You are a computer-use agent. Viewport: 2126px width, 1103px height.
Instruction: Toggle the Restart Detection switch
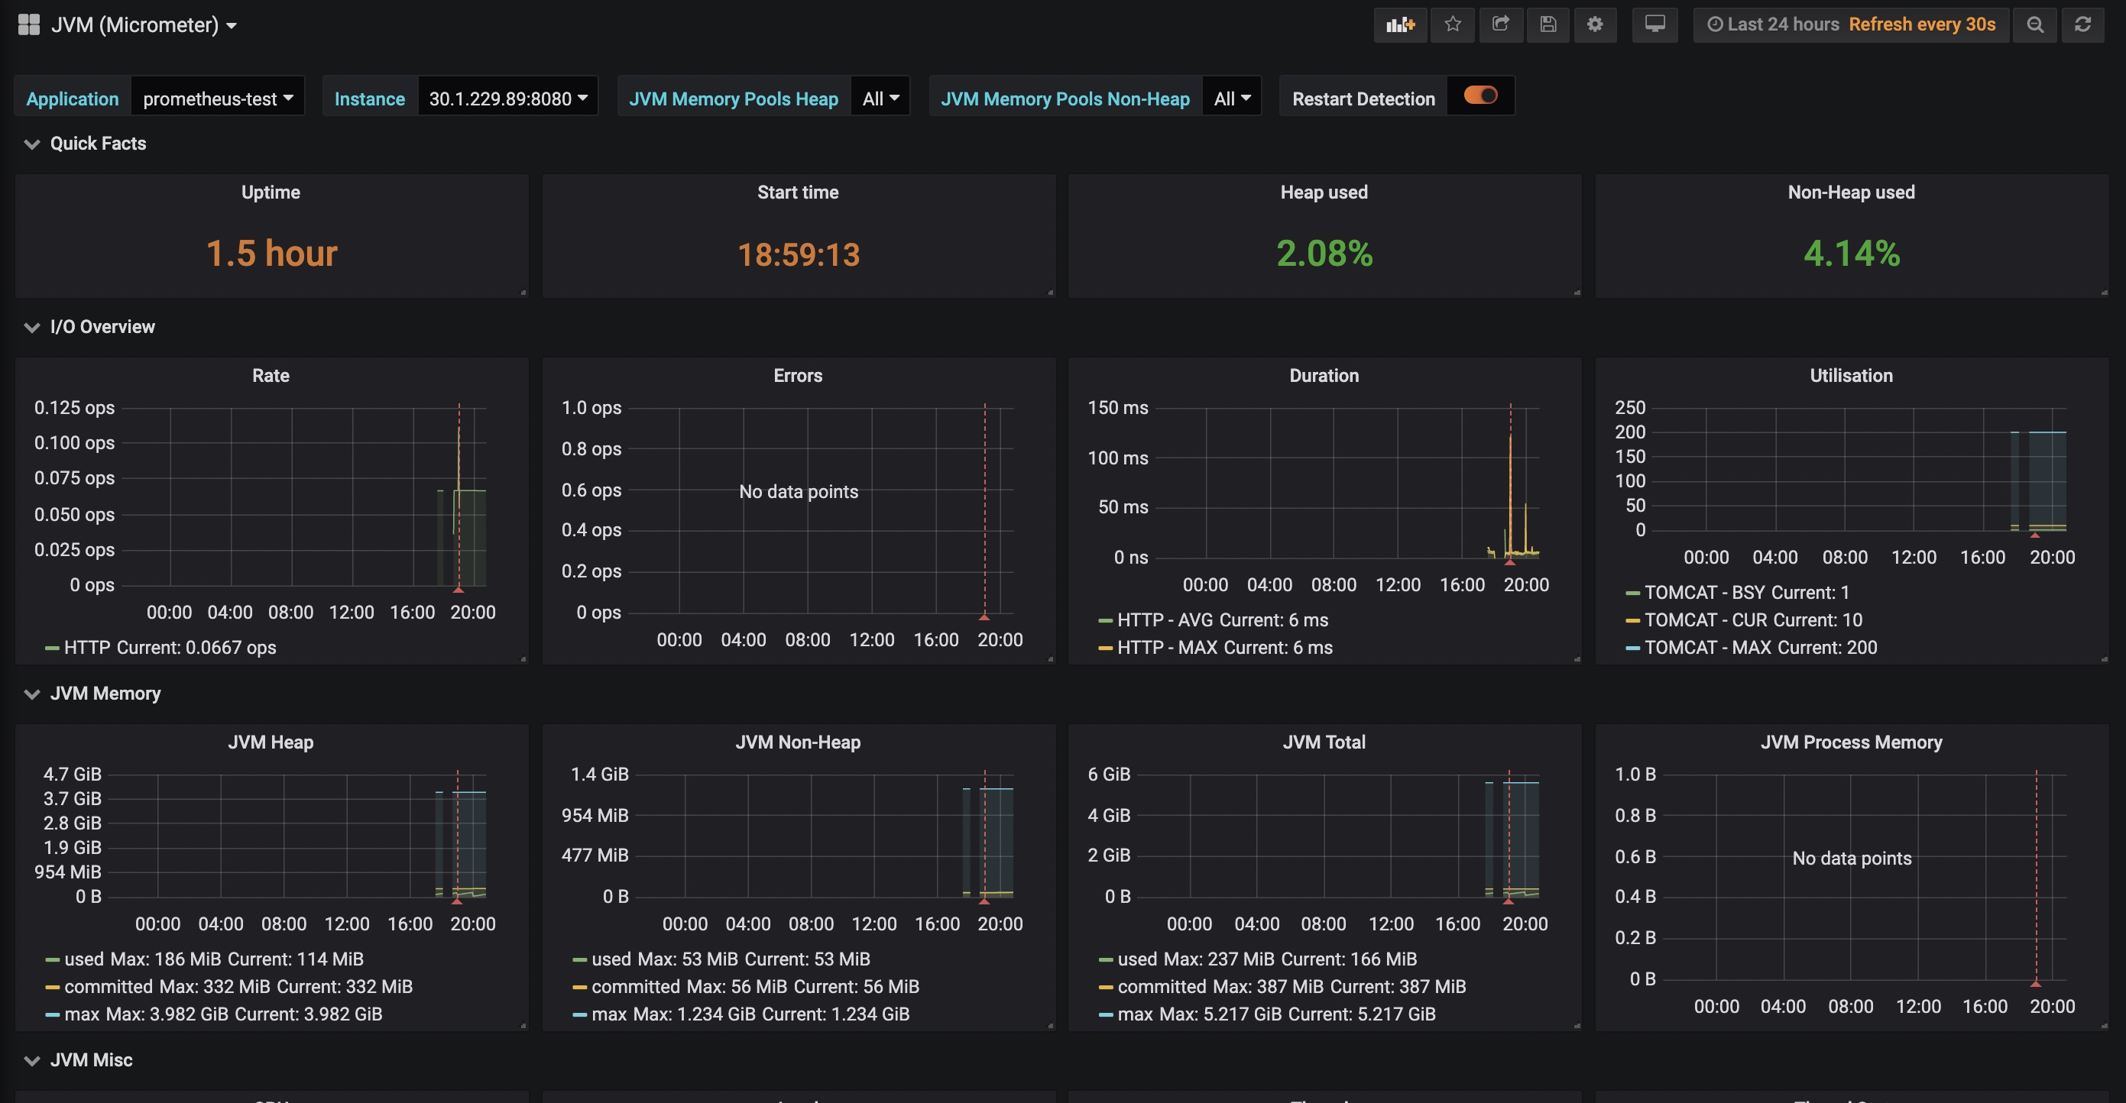click(1480, 95)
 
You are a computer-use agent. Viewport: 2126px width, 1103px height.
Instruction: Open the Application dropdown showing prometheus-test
click(218, 99)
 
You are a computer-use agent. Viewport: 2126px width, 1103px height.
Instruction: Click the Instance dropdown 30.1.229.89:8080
click(507, 99)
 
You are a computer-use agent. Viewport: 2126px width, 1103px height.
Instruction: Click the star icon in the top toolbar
click(1454, 24)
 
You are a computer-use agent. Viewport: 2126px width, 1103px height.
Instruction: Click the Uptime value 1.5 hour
click(271, 254)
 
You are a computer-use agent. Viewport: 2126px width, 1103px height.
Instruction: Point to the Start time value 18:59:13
click(798, 254)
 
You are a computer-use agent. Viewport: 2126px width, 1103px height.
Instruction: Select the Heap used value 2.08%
click(1324, 254)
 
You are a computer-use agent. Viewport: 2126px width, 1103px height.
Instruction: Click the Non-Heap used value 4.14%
click(1851, 254)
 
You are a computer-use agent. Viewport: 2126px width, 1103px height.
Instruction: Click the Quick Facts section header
click(97, 144)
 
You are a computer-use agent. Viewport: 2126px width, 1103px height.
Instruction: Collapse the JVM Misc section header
click(91, 1060)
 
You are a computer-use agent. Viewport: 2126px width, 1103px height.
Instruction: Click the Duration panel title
click(1324, 376)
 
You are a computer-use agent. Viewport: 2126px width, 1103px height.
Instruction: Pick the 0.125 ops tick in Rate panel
click(74, 408)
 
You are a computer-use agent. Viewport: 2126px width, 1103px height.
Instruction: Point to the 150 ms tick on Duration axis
click(1117, 408)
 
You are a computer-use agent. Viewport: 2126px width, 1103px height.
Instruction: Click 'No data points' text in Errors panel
click(798, 492)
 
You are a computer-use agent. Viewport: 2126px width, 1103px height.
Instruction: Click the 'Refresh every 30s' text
click(1921, 24)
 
